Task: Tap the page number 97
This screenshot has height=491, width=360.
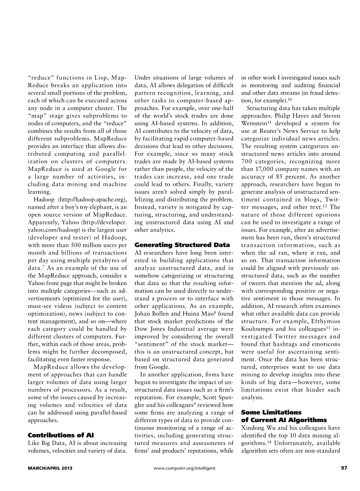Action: [344, 468]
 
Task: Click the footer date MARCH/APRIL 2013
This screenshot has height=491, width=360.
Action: [50, 468]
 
